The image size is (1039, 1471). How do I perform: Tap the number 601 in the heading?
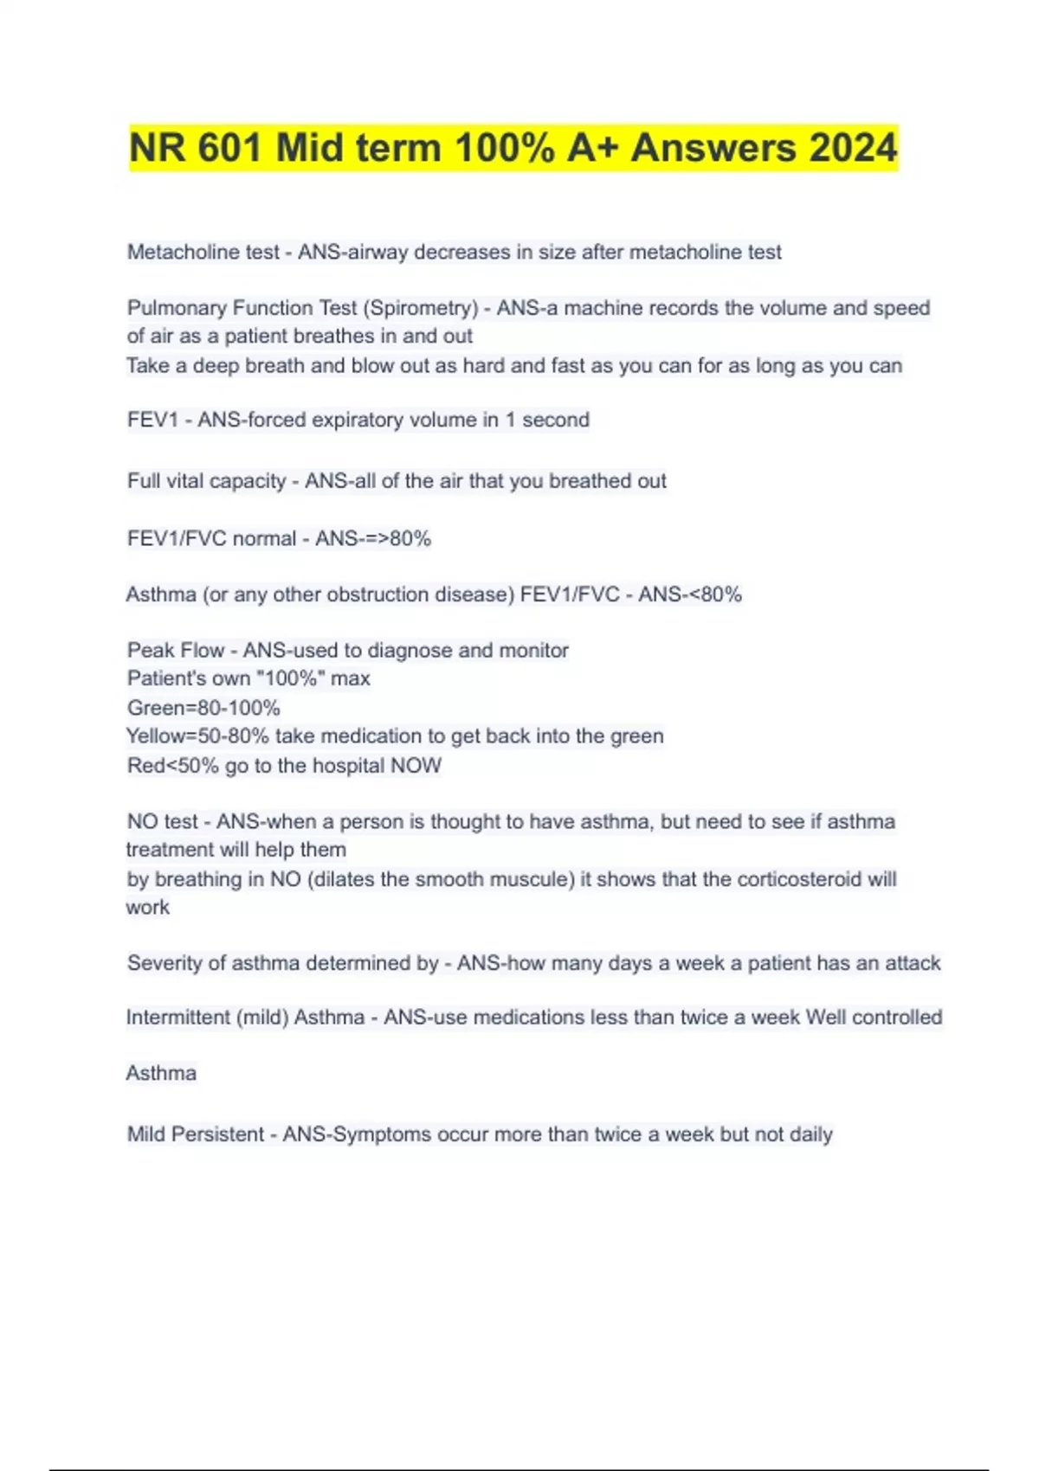coord(229,148)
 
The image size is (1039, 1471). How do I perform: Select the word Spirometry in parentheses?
coord(423,308)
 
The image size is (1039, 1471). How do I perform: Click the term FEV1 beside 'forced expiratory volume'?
coord(152,421)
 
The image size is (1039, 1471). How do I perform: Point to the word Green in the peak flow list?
coord(157,708)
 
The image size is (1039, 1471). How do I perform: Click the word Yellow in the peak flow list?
coord(157,736)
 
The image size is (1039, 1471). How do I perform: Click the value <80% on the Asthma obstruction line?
coord(715,595)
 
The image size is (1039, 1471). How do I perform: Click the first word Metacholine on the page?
coord(178,253)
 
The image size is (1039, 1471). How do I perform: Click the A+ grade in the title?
coord(592,148)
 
